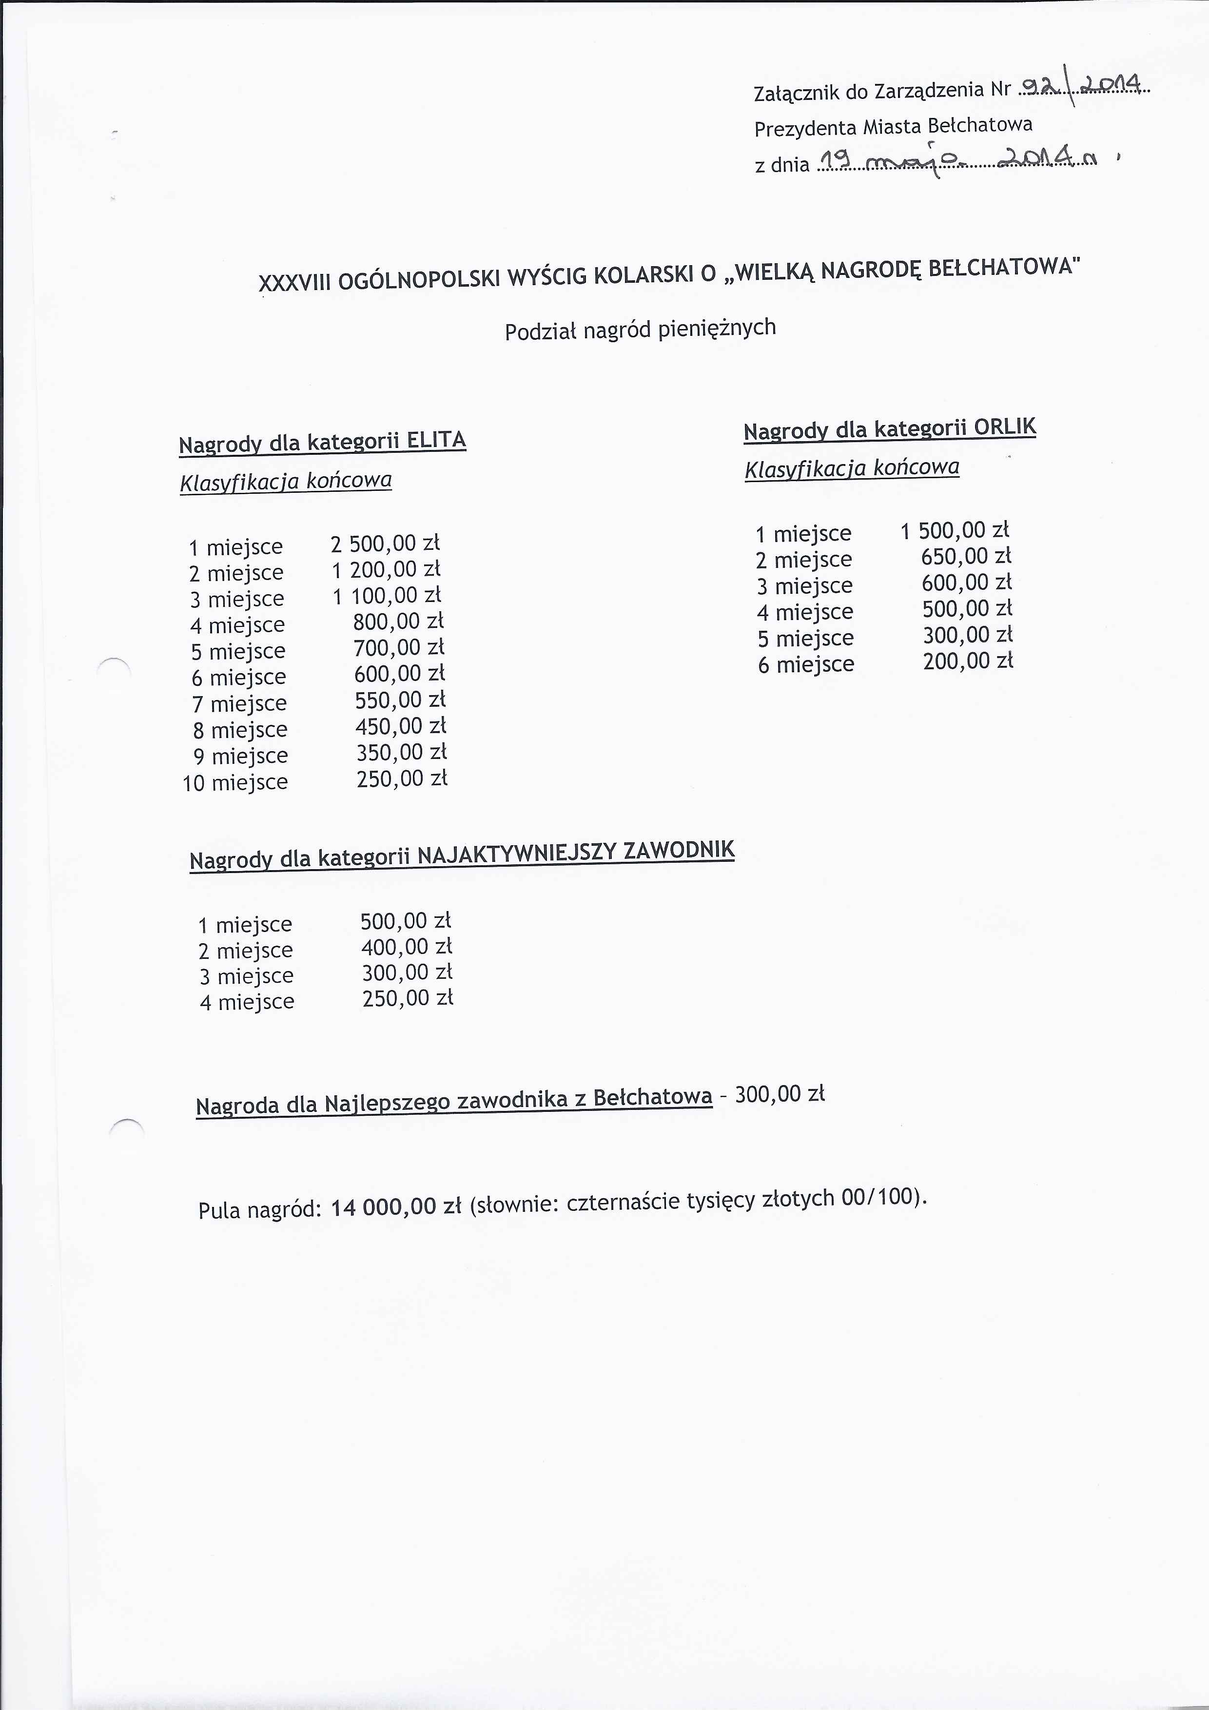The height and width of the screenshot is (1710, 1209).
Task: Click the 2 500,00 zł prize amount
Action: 385,543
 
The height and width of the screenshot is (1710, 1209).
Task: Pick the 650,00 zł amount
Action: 966,556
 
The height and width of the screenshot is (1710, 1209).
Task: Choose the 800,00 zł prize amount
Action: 398,621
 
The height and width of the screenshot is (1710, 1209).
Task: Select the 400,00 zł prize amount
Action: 407,947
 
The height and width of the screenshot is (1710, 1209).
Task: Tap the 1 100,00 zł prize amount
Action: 387,595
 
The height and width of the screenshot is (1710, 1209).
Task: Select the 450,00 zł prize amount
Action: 400,726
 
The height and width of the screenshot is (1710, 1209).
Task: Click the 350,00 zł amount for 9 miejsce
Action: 401,752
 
